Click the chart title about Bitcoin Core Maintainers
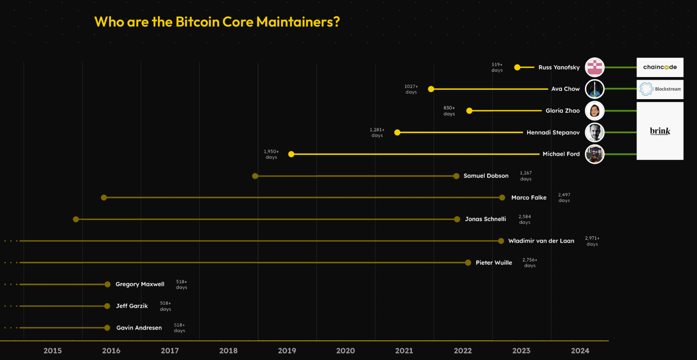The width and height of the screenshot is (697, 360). click(217, 22)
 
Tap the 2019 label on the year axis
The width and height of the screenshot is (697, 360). click(287, 351)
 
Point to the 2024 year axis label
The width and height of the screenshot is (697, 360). click(580, 351)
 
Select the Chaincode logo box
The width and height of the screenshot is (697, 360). click(660, 67)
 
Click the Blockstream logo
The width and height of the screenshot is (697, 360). click(660, 89)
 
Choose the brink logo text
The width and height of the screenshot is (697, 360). click(660, 131)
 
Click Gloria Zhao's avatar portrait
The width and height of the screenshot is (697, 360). click(595, 111)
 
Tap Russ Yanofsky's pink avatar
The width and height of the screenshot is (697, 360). click(595, 67)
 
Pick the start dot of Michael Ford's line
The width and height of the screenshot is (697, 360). click(291, 154)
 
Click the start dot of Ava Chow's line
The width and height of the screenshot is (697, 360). click(431, 89)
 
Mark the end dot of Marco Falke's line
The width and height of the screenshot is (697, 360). click(502, 198)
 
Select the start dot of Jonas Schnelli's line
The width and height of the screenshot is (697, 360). click(76, 220)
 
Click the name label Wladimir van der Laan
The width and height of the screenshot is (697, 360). click(541, 241)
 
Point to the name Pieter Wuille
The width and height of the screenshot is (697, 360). click(494, 263)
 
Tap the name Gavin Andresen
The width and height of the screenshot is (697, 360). click(139, 328)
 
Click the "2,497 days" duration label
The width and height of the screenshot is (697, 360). click(564, 197)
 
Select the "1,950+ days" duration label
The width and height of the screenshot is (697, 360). click(271, 154)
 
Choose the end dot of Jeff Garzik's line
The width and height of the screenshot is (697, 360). click(107, 306)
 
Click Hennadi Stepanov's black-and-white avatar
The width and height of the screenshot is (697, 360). click(595, 132)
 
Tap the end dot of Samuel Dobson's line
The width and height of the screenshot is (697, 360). click(456, 176)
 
